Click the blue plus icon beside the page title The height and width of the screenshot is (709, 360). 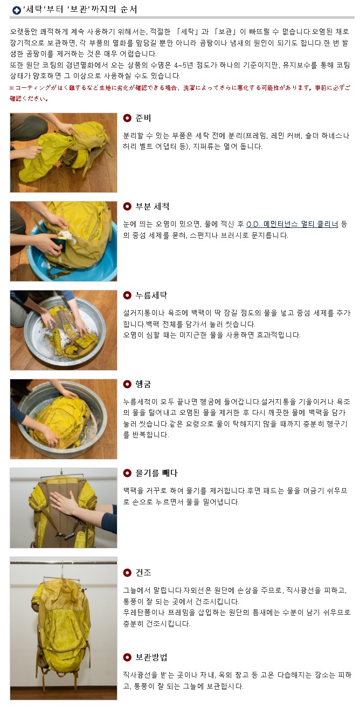tap(16, 10)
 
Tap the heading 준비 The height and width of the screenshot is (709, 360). tap(143, 118)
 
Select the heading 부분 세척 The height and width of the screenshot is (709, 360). tap(153, 206)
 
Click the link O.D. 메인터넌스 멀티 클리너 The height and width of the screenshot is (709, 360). tap(292, 224)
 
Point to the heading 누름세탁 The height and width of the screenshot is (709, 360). tap(151, 295)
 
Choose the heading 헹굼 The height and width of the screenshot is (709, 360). tap(143, 384)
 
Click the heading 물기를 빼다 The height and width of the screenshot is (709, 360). tap(156, 473)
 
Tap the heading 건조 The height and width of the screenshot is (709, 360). tap(143, 572)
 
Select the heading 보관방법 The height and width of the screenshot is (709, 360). tap(151, 657)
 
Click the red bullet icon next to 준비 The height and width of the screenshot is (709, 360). tap(127, 118)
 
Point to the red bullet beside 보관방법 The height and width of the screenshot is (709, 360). tap(127, 657)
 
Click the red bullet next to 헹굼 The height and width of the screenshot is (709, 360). tap(127, 384)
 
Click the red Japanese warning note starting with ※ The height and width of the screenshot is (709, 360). tap(180, 93)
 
